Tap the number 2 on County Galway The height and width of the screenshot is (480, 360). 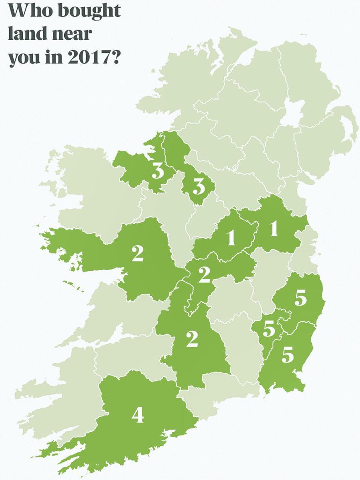pyautogui.click(x=138, y=254)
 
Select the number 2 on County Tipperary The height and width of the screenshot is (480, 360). pyautogui.click(x=192, y=339)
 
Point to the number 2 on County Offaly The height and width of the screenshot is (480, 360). pyautogui.click(x=204, y=274)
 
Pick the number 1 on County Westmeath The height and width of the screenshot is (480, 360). pyautogui.click(x=231, y=237)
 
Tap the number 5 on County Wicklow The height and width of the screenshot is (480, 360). pyautogui.click(x=300, y=298)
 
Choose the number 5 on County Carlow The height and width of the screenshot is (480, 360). pyautogui.click(x=269, y=329)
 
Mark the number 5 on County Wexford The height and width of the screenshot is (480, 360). pyautogui.click(x=288, y=355)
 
